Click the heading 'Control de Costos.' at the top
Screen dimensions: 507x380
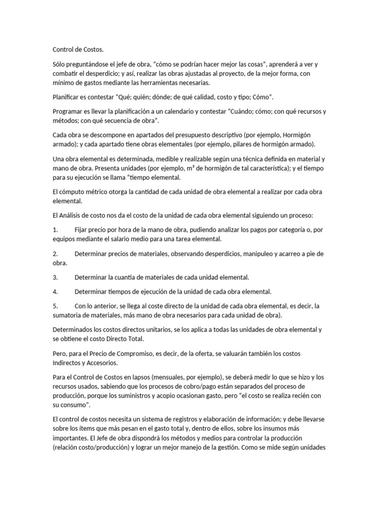[78, 50]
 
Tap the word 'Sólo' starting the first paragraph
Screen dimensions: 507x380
[59, 64]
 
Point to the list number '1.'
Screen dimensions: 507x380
[55, 230]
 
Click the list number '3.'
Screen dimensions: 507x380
[55, 277]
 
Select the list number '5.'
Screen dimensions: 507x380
[55, 306]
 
